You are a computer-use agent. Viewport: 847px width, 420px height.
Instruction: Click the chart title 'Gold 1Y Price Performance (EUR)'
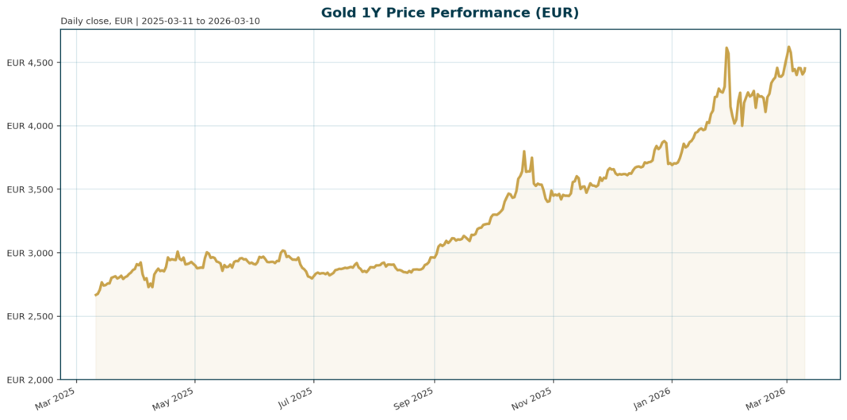click(450, 13)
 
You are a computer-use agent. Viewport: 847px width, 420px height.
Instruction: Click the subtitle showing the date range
click(159, 21)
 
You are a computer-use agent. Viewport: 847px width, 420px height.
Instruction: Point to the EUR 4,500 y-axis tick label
click(30, 63)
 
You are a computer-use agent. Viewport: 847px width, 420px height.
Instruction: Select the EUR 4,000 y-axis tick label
click(30, 126)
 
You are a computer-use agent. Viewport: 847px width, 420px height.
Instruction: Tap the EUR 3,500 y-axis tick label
click(30, 189)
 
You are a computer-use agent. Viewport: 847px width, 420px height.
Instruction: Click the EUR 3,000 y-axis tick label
click(30, 253)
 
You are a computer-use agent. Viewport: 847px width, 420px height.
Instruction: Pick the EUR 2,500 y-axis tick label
click(30, 316)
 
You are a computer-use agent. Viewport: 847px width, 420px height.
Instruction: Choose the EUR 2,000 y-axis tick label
click(30, 380)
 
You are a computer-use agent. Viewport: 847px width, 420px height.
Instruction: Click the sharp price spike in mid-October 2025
click(524, 151)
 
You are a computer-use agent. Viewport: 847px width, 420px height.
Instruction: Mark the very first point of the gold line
click(96, 295)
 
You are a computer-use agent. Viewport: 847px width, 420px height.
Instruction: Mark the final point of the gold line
click(805, 68)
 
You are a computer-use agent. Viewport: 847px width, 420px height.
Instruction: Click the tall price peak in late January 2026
click(726, 48)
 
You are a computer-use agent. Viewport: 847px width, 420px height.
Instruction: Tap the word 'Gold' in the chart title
click(339, 13)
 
